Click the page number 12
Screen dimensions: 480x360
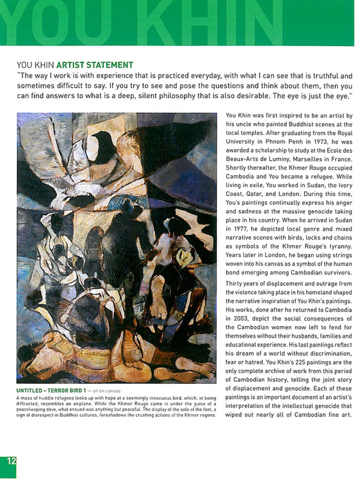(x=10, y=462)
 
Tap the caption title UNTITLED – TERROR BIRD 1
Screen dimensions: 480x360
(x=51, y=391)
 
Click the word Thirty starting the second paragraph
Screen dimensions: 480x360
(x=235, y=284)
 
